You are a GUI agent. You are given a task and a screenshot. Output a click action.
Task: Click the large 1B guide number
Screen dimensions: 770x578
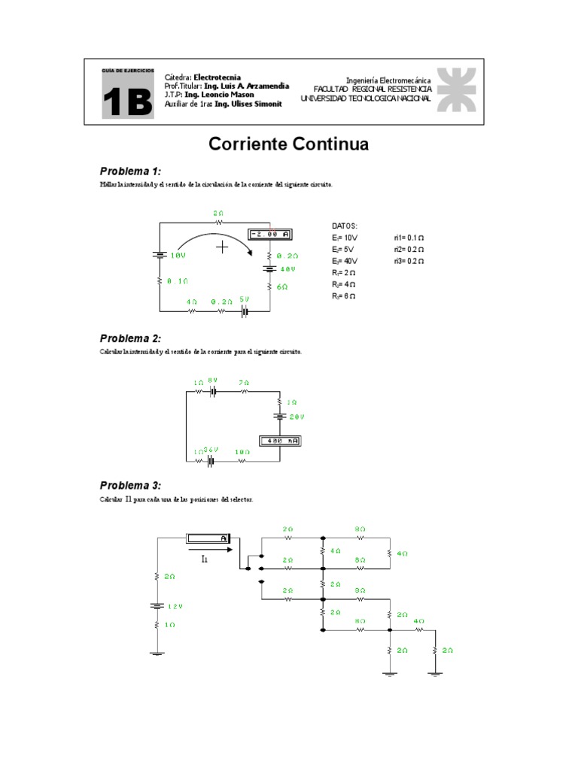129,102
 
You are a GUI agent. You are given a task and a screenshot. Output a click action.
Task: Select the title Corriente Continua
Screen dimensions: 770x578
288,144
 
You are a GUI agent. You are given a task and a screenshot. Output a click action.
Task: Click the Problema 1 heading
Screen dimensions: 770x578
131,171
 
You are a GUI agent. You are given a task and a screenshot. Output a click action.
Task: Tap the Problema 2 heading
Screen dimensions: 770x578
131,338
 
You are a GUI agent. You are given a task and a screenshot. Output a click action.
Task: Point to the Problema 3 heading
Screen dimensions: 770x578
131,485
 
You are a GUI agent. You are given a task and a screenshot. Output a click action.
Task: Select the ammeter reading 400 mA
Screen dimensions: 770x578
280,441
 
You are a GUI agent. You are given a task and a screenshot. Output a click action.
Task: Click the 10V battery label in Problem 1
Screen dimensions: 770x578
178,256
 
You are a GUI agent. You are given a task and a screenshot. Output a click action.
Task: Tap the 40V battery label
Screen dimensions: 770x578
287,268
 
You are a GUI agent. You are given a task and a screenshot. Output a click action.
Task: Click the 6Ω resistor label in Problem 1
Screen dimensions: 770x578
281,287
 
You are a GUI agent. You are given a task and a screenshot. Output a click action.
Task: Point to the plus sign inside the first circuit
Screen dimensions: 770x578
222,247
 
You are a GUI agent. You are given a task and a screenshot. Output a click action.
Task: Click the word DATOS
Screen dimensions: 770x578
345,225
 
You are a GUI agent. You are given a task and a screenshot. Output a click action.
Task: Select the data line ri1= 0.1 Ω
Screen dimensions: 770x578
408,237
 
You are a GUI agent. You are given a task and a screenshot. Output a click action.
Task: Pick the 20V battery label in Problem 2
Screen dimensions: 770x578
296,416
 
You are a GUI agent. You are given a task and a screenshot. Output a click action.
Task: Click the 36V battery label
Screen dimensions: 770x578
211,450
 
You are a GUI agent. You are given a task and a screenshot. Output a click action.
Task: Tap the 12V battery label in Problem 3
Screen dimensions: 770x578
175,606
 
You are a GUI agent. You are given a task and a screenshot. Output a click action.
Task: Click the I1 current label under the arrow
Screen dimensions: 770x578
205,559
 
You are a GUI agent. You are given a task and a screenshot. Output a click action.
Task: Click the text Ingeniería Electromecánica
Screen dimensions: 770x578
388,80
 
